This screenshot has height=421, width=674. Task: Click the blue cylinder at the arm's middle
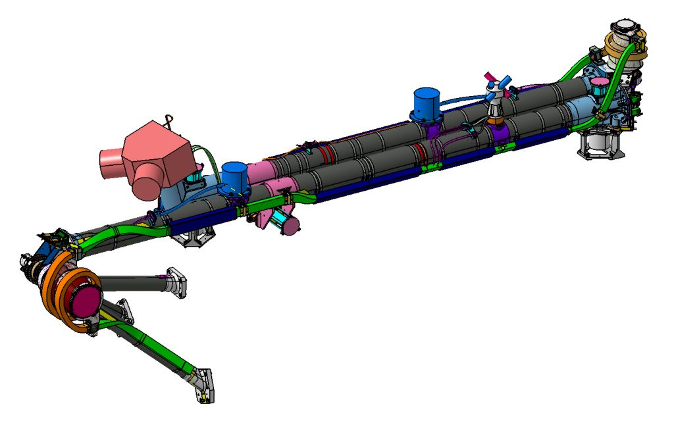click(x=427, y=104)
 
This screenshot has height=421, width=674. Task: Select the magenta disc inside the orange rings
click(x=87, y=300)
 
